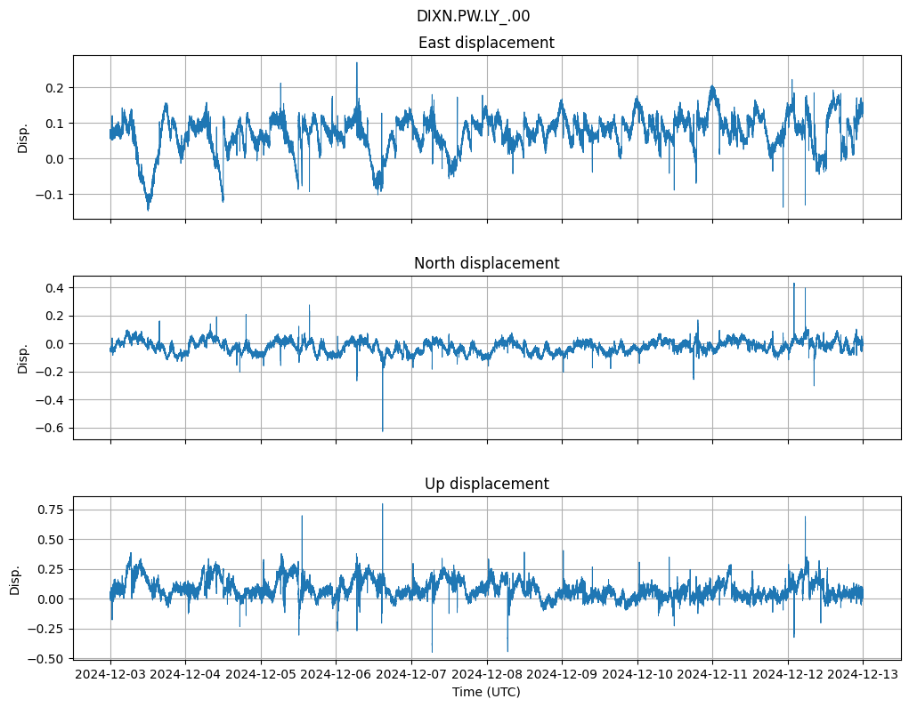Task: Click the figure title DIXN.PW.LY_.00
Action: tap(473, 16)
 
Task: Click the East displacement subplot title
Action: tap(486, 43)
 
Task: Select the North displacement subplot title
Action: tap(486, 263)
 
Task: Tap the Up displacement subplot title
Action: tap(486, 484)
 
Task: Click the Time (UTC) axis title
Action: tap(486, 691)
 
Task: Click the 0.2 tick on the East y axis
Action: tap(55, 87)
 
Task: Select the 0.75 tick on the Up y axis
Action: tap(52, 510)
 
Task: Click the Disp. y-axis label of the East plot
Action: tap(23, 138)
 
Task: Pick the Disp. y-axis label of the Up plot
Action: tap(15, 578)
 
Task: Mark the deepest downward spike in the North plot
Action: tap(383, 430)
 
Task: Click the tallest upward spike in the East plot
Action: tap(357, 63)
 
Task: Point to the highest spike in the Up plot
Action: tap(383, 504)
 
